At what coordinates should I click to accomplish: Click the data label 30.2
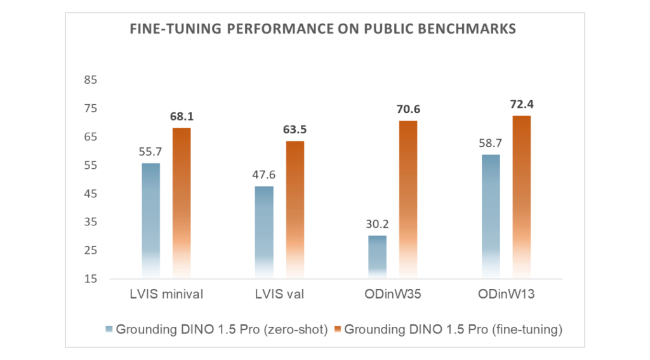(377, 225)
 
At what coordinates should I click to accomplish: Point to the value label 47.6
(263, 175)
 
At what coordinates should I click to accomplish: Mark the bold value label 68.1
(182, 117)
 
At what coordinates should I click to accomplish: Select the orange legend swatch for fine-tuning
(338, 329)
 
